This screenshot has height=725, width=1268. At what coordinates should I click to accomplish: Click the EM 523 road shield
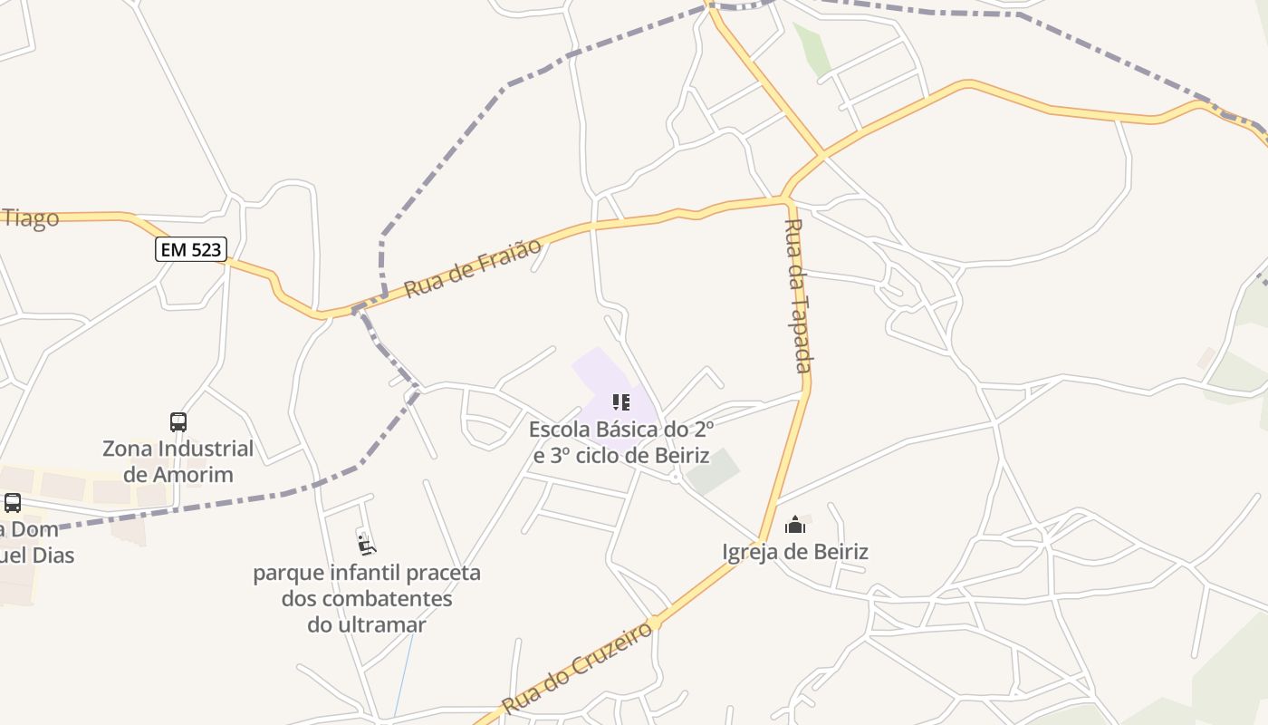click(190, 249)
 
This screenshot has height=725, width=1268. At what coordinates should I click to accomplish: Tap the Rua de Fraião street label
click(472, 267)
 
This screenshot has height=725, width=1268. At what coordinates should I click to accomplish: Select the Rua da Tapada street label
click(796, 295)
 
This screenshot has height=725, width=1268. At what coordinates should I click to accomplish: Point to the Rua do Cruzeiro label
click(577, 667)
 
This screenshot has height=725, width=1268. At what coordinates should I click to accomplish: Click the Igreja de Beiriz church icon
click(795, 525)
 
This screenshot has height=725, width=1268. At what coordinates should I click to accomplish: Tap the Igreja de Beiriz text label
click(795, 552)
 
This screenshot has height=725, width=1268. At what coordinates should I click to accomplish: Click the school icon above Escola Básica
click(620, 402)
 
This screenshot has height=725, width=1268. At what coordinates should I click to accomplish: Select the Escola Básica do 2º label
click(621, 429)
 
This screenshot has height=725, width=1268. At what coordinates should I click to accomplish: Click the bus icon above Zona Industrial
click(178, 421)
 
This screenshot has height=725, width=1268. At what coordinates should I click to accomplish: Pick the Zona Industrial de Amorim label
click(178, 461)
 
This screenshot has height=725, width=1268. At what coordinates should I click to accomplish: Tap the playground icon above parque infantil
click(366, 545)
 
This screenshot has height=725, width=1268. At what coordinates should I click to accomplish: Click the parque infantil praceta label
click(367, 573)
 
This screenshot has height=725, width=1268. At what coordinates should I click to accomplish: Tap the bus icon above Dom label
click(13, 503)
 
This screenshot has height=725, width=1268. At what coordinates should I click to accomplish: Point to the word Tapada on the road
click(801, 334)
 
